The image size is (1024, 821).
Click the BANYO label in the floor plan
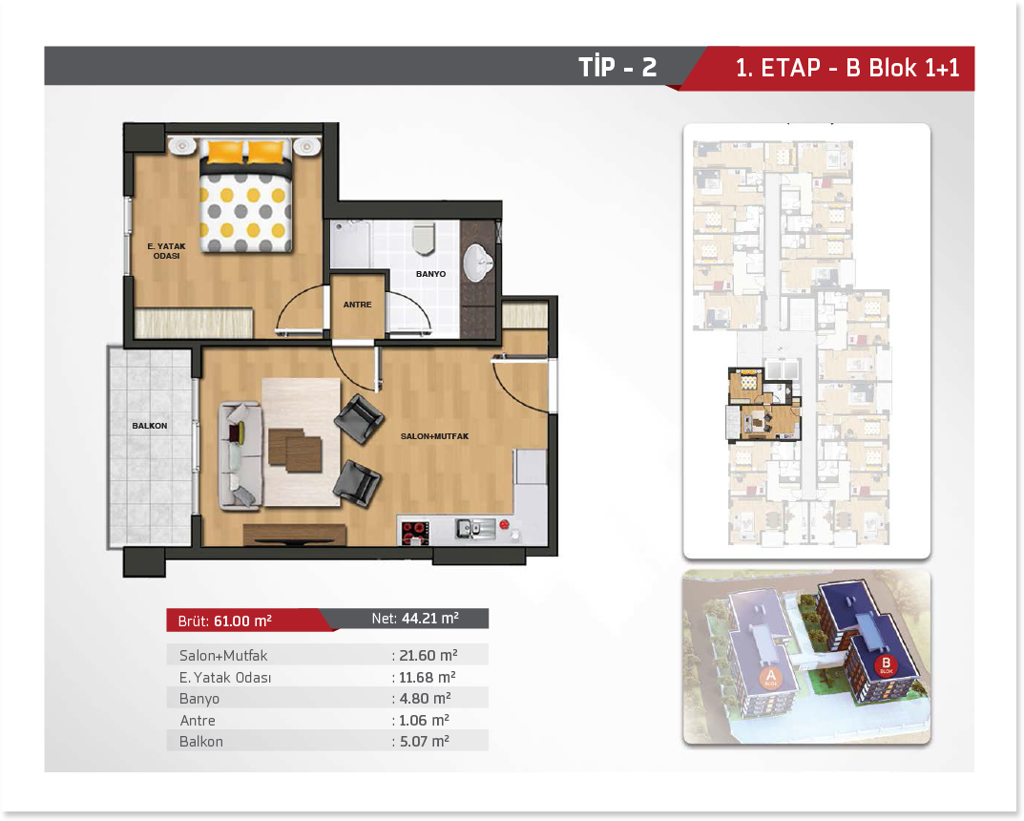(431, 274)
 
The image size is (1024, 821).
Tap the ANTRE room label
(357, 305)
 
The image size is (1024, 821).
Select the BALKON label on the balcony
(150, 426)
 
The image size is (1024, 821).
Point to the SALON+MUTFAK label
(434, 436)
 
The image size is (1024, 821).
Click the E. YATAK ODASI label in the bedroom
(166, 251)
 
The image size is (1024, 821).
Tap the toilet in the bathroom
(424, 239)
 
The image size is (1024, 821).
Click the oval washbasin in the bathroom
(478, 263)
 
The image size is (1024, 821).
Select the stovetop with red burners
(415, 533)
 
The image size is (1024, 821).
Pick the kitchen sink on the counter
(475, 528)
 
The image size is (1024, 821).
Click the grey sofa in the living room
(240, 455)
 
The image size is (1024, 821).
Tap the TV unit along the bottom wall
(295, 535)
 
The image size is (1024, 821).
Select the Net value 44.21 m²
(430, 618)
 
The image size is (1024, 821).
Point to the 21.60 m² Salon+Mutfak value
(428, 655)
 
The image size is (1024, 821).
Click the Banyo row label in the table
(199, 699)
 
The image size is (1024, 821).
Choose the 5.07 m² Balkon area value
(424, 742)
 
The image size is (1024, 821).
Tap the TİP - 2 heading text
(617, 67)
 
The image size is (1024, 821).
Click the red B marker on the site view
(887, 665)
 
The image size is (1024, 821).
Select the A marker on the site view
(770, 678)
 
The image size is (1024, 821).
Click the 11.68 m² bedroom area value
(428, 677)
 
